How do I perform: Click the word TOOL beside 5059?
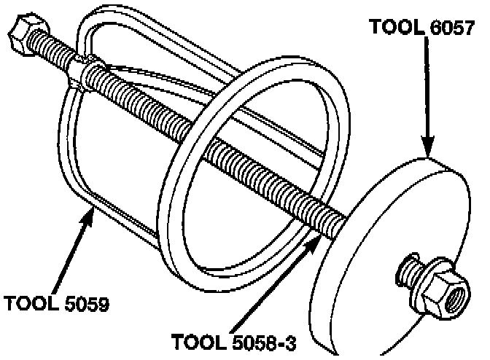[29, 302]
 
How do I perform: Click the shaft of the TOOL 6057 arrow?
[427, 87]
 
